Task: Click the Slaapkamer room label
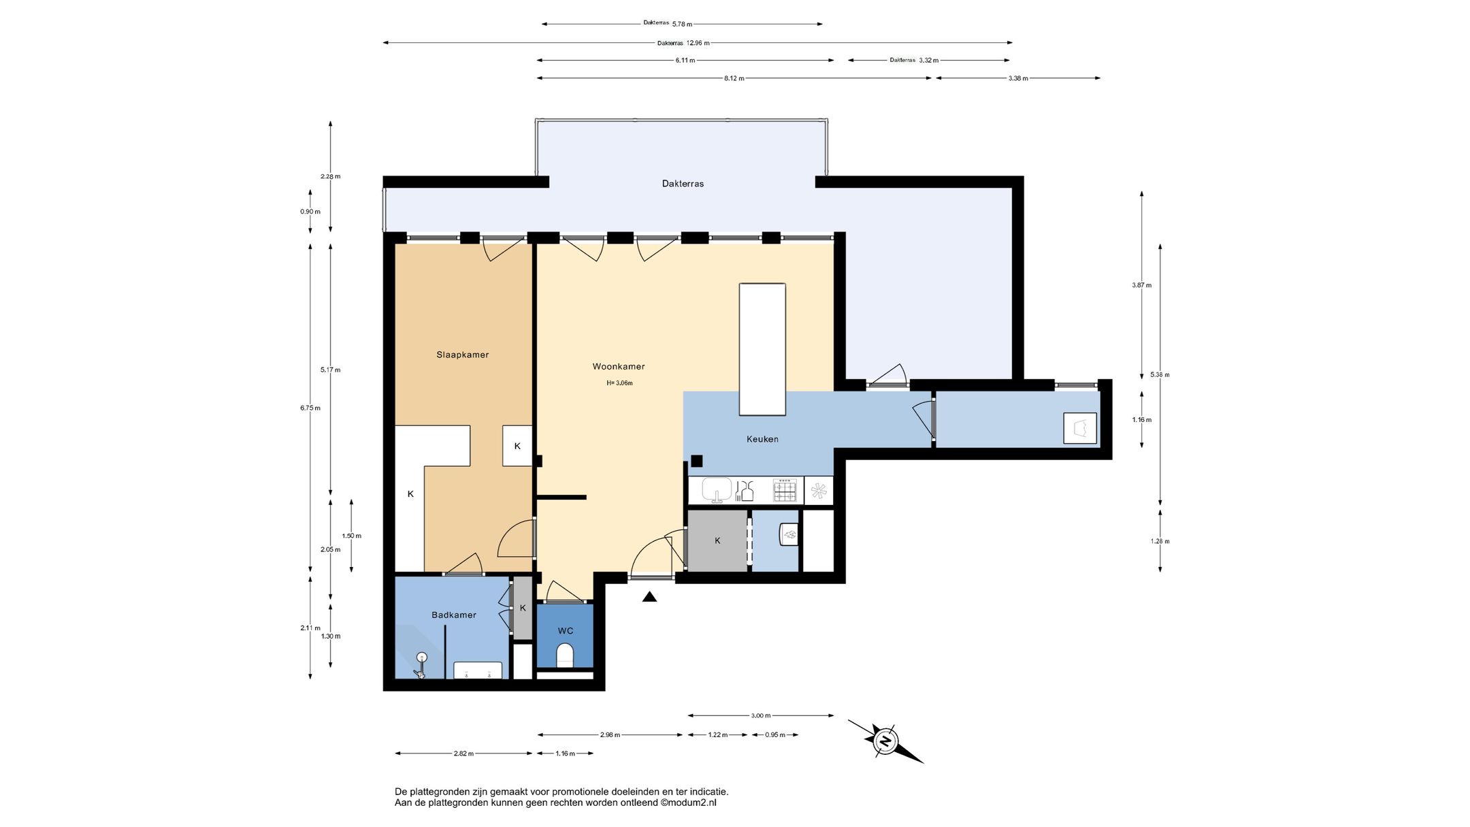click(463, 355)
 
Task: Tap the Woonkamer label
click(619, 366)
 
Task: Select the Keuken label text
click(762, 439)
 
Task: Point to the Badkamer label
click(454, 615)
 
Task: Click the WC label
click(566, 631)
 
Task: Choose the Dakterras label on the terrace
click(683, 184)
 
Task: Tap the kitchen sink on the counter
click(717, 489)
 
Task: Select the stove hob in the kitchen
click(785, 490)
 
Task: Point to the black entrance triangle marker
click(650, 597)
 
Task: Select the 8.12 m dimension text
click(734, 78)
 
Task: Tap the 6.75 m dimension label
click(310, 408)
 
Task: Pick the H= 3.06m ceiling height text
click(619, 383)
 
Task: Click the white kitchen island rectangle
click(762, 349)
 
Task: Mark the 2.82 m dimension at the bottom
click(463, 753)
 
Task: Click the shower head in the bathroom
click(422, 657)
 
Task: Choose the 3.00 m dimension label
click(761, 715)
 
